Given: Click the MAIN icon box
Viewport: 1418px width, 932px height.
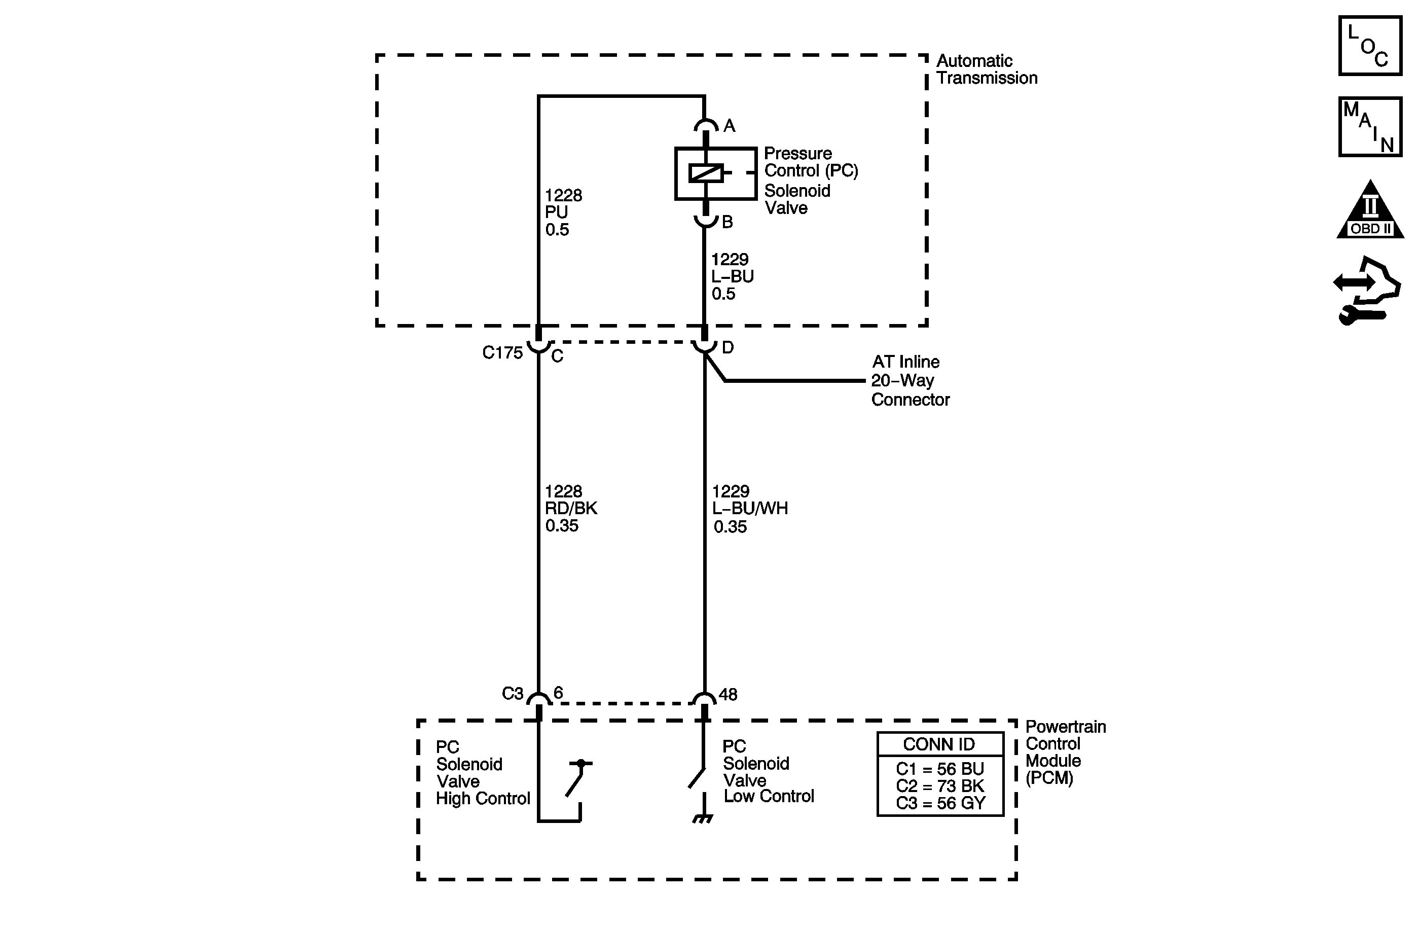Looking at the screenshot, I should [1370, 127].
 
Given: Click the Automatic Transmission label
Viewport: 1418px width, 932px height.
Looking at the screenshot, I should [986, 69].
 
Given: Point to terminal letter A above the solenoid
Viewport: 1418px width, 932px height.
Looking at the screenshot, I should [729, 126].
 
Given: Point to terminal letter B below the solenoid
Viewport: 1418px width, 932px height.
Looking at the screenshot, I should [728, 222].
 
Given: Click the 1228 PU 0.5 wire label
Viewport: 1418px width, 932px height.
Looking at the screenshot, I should [563, 212].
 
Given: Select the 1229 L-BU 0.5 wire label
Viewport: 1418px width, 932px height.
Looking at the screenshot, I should [732, 276].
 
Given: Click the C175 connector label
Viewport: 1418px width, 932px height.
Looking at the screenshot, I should [502, 353].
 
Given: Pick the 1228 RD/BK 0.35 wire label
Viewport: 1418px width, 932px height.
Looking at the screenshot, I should [570, 508].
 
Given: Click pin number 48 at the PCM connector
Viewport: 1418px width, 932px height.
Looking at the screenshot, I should [728, 694].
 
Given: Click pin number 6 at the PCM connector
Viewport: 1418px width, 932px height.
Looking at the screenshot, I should [558, 693].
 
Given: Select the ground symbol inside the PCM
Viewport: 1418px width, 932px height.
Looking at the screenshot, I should [704, 819].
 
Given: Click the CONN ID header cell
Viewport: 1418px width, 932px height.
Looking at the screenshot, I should [939, 744].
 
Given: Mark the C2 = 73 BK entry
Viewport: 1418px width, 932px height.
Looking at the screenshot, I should [939, 786].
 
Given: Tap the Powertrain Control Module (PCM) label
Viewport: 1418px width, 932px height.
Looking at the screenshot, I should [1065, 752].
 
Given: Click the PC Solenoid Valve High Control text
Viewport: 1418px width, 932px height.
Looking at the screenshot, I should [482, 773].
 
